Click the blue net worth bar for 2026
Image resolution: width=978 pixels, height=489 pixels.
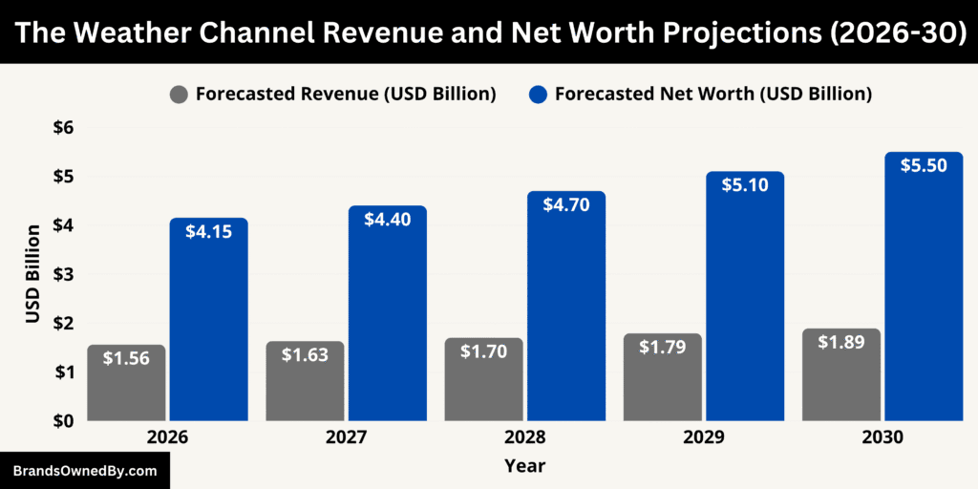208,320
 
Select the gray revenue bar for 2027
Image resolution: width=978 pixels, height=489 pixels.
305,381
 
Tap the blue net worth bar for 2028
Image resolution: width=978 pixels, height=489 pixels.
565,306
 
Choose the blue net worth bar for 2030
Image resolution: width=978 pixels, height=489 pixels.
924,287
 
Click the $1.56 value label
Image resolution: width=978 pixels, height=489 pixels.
126,359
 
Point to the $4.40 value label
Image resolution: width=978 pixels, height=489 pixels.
387,219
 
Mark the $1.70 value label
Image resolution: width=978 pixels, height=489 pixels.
483,351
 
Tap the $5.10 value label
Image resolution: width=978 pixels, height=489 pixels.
745,185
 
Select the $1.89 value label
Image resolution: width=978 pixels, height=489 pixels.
840,342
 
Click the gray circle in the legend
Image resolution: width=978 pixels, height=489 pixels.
179,95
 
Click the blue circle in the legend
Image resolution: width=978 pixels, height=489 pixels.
538,95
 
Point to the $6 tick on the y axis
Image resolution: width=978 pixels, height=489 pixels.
63,128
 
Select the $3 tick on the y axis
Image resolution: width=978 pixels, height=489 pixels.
63,274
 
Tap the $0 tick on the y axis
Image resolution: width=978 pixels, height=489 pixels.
63,420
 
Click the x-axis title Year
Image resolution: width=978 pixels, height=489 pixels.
524,466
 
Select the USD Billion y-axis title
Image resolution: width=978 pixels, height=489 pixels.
32,274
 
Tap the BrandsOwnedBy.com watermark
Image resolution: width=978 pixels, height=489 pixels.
84,471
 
